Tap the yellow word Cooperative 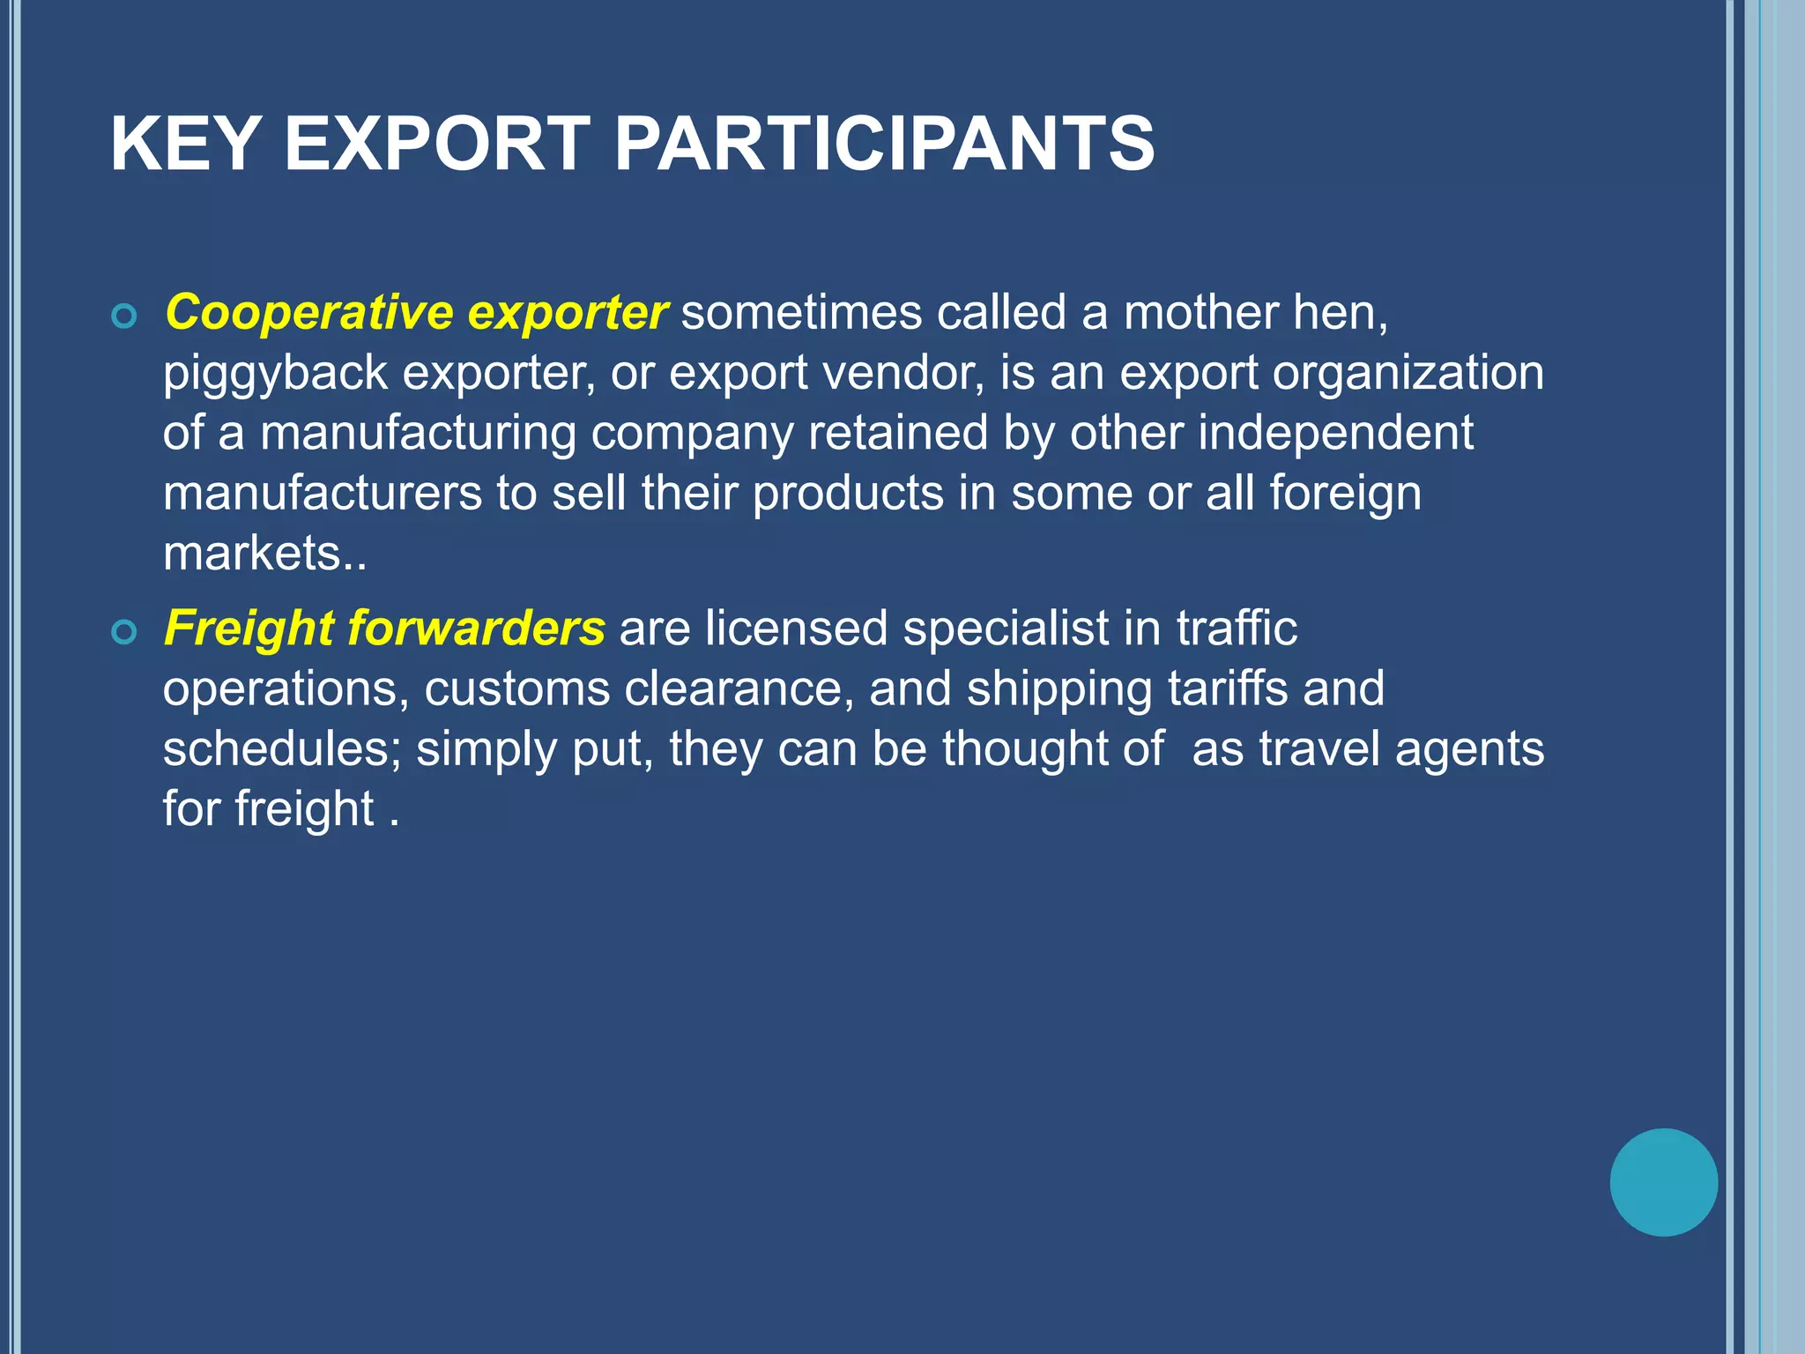[308, 313]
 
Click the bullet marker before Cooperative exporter [125, 316]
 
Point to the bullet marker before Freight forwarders [125, 631]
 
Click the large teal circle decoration [1663, 1182]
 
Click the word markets [252, 554]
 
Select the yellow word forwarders [476, 629]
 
